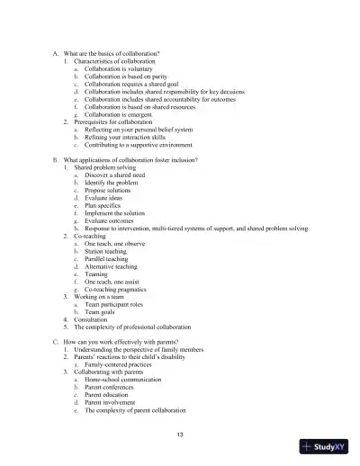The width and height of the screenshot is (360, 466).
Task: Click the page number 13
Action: (x=181, y=435)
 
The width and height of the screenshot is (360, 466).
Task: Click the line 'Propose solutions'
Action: (x=108, y=191)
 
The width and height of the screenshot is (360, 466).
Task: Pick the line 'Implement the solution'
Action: (x=115, y=213)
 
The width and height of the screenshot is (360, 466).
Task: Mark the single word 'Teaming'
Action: (x=96, y=274)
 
